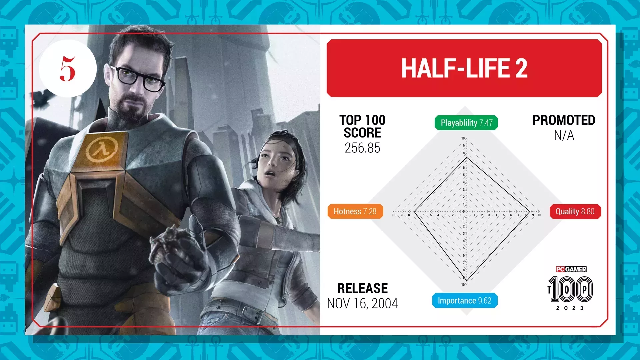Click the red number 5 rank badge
(68, 69)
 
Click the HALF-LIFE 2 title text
(464, 68)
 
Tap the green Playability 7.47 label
(466, 123)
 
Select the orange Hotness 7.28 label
(355, 211)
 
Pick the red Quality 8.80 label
(575, 211)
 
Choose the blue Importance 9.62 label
(465, 300)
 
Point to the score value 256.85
(362, 148)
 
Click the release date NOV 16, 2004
(362, 303)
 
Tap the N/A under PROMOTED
(564, 135)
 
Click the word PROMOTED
(564, 120)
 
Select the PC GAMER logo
(571, 269)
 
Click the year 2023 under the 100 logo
(570, 308)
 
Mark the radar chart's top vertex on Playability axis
(467, 157)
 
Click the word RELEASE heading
(362, 288)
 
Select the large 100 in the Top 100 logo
(571, 289)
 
